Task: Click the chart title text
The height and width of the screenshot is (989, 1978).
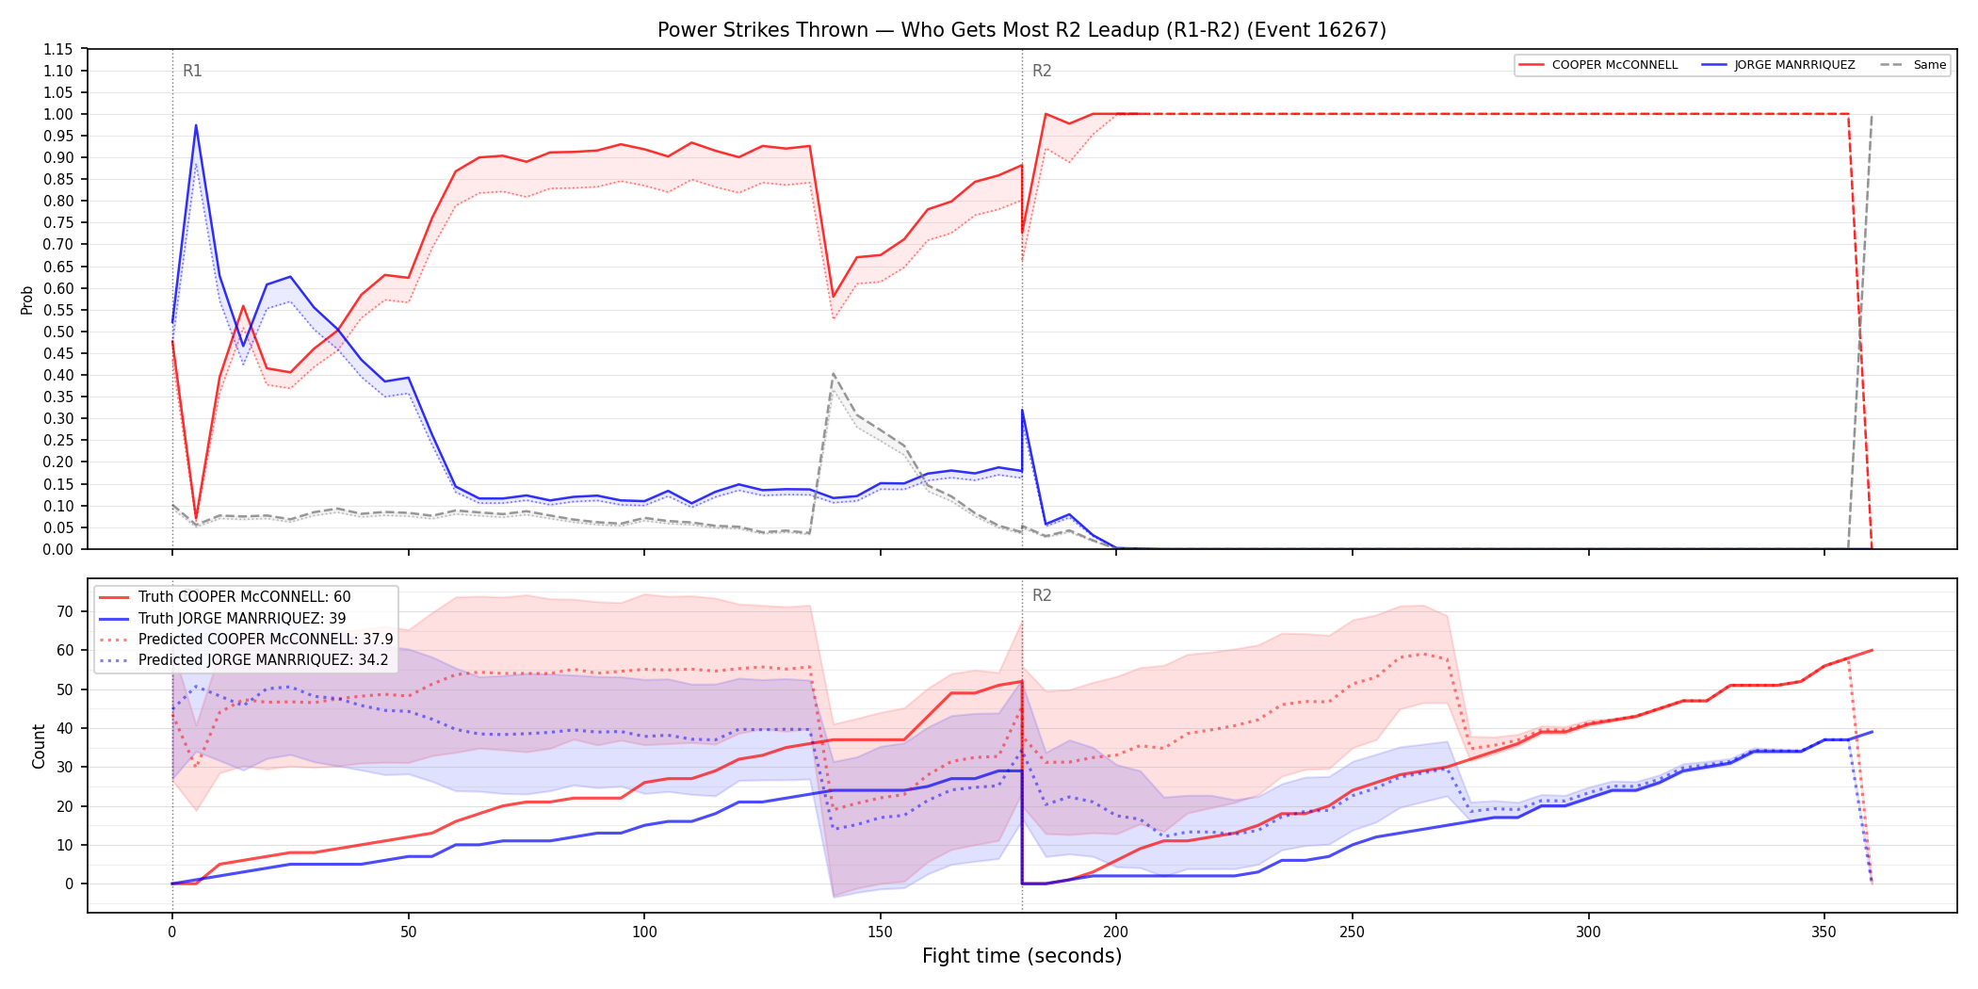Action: pyautogui.click(x=1022, y=30)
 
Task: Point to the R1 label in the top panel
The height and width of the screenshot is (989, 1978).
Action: pyautogui.click(x=192, y=71)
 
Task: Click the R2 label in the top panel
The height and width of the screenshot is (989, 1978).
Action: pyautogui.click(x=1042, y=71)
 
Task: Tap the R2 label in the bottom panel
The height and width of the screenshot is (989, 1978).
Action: pyautogui.click(x=1042, y=595)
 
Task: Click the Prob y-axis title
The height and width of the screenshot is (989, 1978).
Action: pyautogui.click(x=27, y=300)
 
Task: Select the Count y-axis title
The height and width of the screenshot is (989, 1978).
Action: pyautogui.click(x=39, y=746)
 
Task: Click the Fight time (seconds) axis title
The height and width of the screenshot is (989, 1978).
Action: pyautogui.click(x=1022, y=956)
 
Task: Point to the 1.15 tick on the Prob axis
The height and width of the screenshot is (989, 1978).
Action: pyautogui.click(x=58, y=49)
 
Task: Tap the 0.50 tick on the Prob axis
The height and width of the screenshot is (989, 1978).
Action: pyautogui.click(x=58, y=332)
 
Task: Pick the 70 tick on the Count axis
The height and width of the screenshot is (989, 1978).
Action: pyautogui.click(x=64, y=611)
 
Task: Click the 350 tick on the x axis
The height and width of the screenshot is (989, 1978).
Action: pyautogui.click(x=1824, y=932)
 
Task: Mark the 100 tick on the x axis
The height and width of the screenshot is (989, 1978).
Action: pyautogui.click(x=644, y=932)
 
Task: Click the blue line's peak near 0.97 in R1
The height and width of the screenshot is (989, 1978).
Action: pyautogui.click(x=196, y=125)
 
